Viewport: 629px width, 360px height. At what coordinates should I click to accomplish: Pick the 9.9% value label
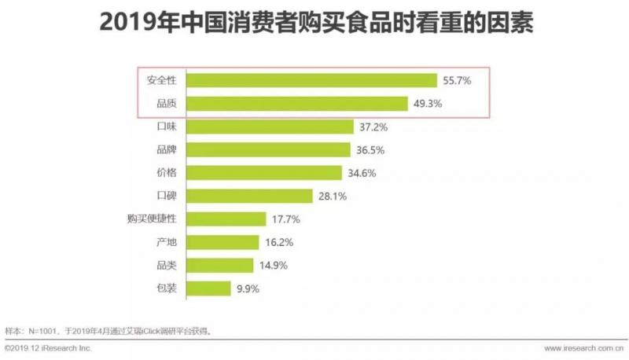pyautogui.click(x=248, y=288)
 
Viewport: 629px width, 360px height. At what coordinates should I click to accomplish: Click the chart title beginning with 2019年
pyautogui.click(x=314, y=24)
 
